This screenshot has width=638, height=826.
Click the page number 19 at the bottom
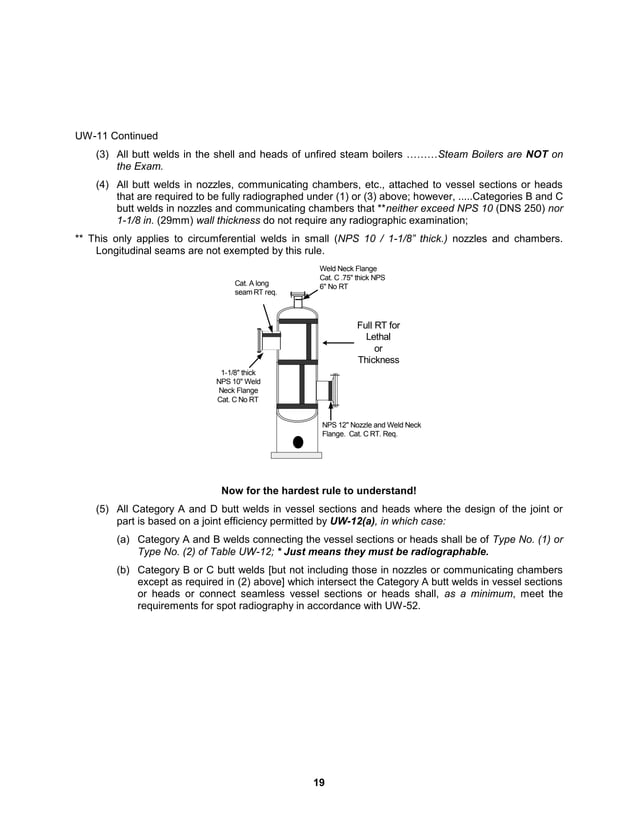(318, 782)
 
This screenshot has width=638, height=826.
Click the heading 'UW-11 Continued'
(115, 135)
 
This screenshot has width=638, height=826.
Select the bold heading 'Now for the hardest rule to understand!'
(318, 491)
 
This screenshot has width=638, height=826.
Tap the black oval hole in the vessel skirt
(297, 442)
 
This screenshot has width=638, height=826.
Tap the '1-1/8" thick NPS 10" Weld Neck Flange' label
(238, 386)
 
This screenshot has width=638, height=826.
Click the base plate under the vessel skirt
(297, 455)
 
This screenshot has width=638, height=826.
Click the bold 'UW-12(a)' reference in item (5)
(354, 521)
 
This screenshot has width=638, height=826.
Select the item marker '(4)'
(103, 185)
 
